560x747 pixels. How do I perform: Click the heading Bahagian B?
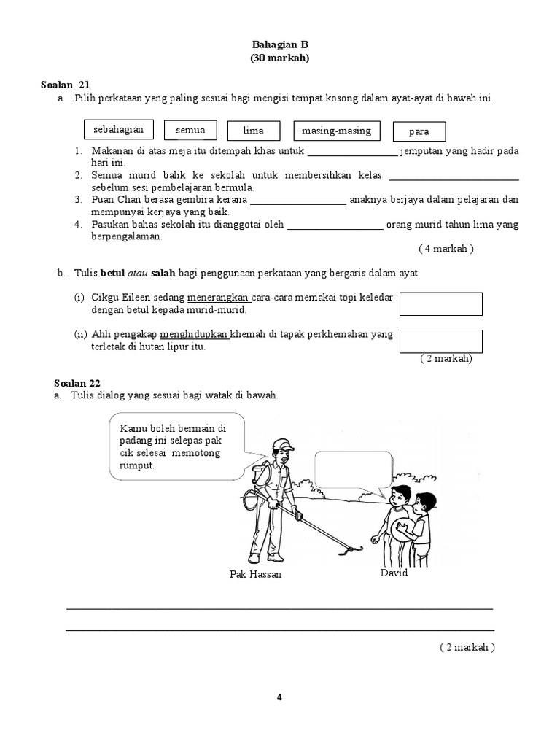[x=279, y=44]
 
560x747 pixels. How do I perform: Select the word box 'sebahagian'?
[x=118, y=130]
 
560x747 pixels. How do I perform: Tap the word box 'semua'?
[x=190, y=131]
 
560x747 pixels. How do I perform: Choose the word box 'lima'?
[x=253, y=131]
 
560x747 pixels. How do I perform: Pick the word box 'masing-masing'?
[x=336, y=131]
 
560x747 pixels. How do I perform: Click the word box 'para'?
[x=419, y=132]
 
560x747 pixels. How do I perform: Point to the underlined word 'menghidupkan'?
[x=195, y=335]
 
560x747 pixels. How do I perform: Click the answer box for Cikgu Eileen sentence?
[x=441, y=303]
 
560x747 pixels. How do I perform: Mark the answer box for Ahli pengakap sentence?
[x=441, y=341]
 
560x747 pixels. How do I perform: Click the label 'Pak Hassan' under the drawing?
[x=254, y=575]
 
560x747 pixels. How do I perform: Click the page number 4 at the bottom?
[x=279, y=697]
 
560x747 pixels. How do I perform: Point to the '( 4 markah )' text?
[x=446, y=249]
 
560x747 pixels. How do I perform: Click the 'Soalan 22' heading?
[x=77, y=383]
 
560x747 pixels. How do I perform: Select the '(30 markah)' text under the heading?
[x=279, y=58]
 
